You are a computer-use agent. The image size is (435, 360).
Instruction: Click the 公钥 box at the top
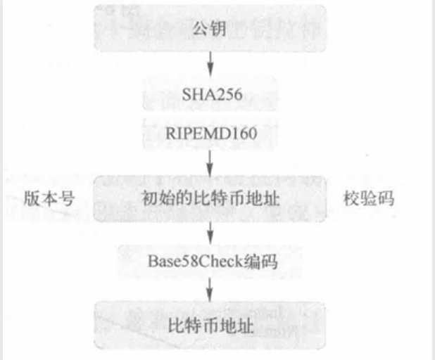[210, 30]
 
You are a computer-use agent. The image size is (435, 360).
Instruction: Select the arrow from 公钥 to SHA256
[210, 66]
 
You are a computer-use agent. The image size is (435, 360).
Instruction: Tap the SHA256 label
[210, 95]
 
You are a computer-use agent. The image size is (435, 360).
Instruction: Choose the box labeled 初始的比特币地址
[210, 198]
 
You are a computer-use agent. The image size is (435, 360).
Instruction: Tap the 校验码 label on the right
[367, 198]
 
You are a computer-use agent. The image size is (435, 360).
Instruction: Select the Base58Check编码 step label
[210, 262]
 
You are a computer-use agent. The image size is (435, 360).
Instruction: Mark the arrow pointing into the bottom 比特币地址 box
[210, 291]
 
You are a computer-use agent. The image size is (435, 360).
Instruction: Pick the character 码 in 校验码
[384, 198]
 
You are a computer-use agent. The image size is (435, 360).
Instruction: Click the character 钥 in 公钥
[219, 30]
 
